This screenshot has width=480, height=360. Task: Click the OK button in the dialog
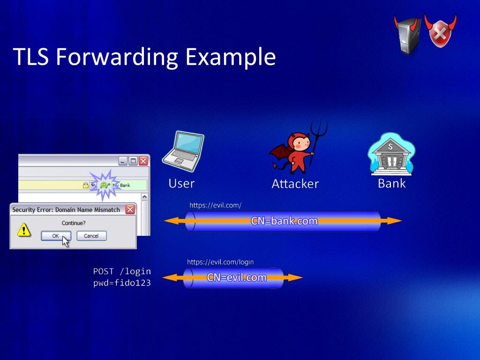[56, 236]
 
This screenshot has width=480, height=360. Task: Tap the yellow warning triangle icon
[24, 230]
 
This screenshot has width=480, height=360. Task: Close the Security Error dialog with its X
[130, 210]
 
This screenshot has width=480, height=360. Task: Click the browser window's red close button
[143, 161]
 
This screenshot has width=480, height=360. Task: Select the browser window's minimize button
[123, 161]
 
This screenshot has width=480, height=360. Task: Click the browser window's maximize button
[133, 161]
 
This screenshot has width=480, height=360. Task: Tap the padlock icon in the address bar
[85, 185]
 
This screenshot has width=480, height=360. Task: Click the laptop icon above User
[183, 151]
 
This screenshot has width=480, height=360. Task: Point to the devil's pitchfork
[317, 138]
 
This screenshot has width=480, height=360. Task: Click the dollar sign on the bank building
[390, 146]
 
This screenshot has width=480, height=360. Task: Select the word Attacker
[295, 184]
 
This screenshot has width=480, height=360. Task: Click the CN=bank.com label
[284, 221]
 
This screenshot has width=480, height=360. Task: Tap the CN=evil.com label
[237, 277]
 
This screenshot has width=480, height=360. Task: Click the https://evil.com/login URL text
[220, 262]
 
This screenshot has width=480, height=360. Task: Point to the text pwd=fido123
[122, 283]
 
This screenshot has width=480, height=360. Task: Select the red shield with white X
[440, 31]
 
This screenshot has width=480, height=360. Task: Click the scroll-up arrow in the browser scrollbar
[145, 196]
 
